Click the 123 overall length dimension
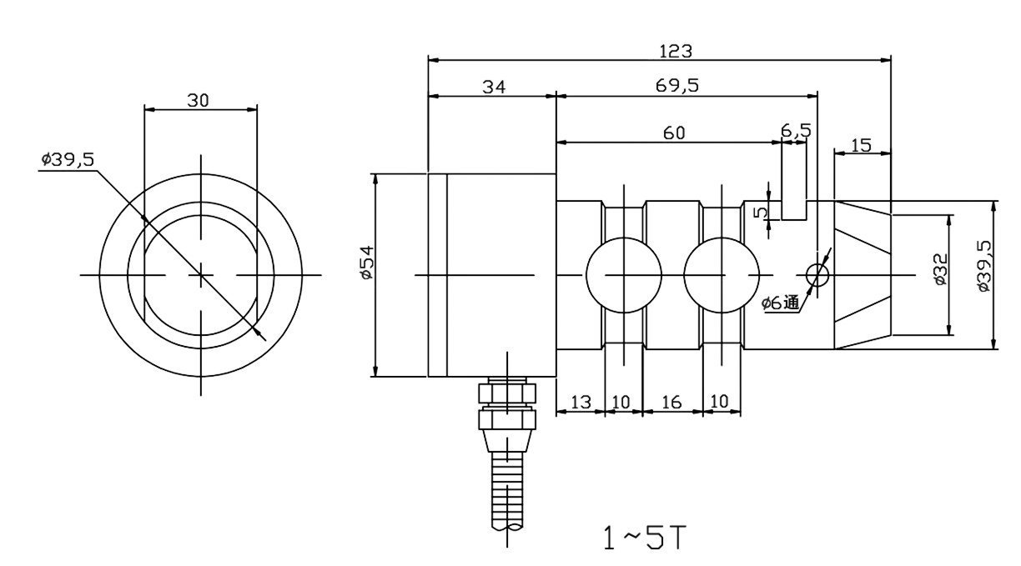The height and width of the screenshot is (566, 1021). (675, 51)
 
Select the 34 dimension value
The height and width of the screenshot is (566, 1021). (494, 86)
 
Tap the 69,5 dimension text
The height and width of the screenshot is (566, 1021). (677, 86)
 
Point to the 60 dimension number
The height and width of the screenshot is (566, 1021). (674, 133)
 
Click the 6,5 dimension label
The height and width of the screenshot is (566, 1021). (796, 131)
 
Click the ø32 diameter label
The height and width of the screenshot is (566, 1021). (940, 269)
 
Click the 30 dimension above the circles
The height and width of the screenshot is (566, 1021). (198, 100)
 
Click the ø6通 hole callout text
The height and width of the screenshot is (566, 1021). (781, 303)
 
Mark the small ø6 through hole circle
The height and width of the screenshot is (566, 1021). (817, 274)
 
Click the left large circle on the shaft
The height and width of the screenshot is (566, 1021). (623, 274)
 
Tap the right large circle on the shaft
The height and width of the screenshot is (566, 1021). (722, 274)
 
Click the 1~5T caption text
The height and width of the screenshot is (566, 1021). (646, 538)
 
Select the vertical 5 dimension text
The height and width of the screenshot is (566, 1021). (761, 212)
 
